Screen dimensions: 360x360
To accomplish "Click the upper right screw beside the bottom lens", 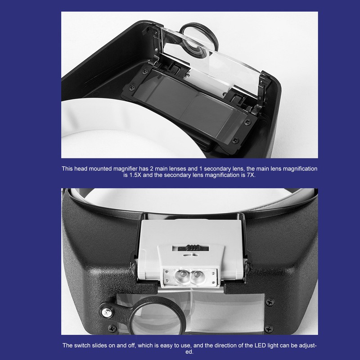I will [269, 301].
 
